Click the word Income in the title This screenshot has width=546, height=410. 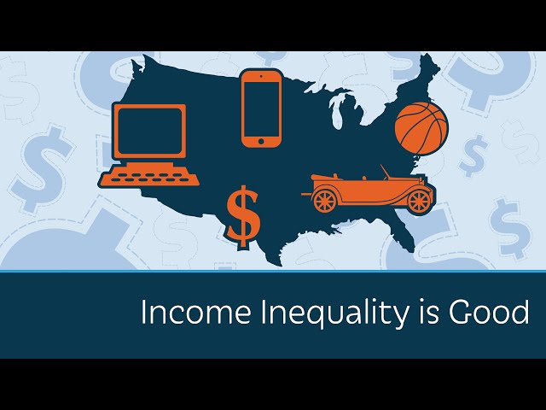[195, 312]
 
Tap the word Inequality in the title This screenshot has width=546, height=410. [334, 314]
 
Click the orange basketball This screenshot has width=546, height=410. [421, 128]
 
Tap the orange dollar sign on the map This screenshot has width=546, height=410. [243, 217]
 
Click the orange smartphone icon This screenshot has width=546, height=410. [261, 108]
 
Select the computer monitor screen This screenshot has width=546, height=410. [150, 132]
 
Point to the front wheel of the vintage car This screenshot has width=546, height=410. [419, 202]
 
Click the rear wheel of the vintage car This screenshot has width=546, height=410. [324, 201]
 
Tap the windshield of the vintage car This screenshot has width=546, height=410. [385, 173]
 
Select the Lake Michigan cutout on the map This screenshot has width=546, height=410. [335, 112]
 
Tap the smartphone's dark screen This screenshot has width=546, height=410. [261, 109]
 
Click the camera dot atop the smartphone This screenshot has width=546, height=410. [261, 75]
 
